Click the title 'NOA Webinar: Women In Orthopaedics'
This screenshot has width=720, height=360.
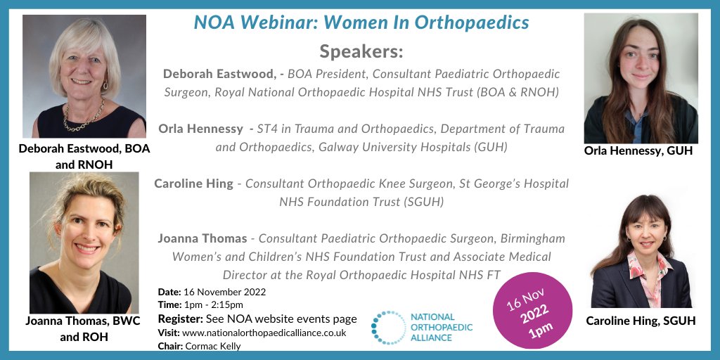point(361,22)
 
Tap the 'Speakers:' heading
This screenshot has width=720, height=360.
point(361,51)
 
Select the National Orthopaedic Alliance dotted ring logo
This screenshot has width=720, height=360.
point(389,328)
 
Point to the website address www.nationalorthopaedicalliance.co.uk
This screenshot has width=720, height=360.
point(264,333)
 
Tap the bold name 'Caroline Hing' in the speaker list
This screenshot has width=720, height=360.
point(193,184)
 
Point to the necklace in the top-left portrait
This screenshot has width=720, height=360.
point(84,116)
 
